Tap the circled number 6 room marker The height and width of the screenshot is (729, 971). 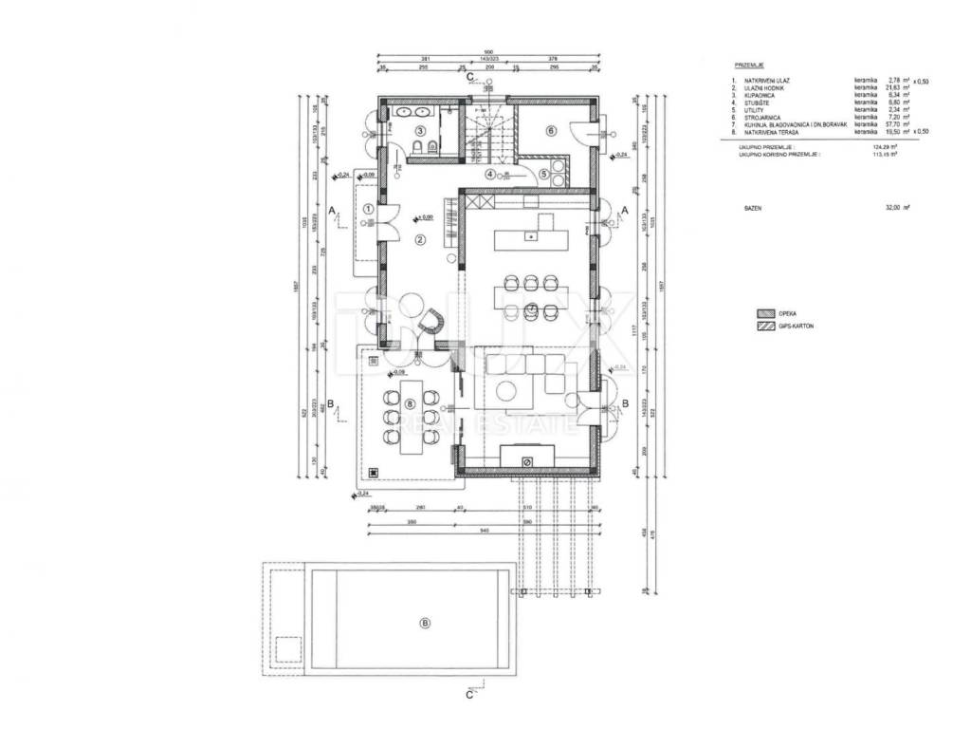[548, 130]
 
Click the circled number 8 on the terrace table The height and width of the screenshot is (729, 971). [410, 403]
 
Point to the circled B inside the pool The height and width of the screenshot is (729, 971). [425, 623]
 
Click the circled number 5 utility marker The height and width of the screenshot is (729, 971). [543, 174]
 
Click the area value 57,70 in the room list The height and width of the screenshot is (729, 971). [895, 124]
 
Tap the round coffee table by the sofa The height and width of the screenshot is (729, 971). [510, 390]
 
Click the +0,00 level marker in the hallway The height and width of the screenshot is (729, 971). [424, 217]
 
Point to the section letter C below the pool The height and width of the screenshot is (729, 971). [468, 694]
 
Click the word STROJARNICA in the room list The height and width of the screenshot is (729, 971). [763, 118]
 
